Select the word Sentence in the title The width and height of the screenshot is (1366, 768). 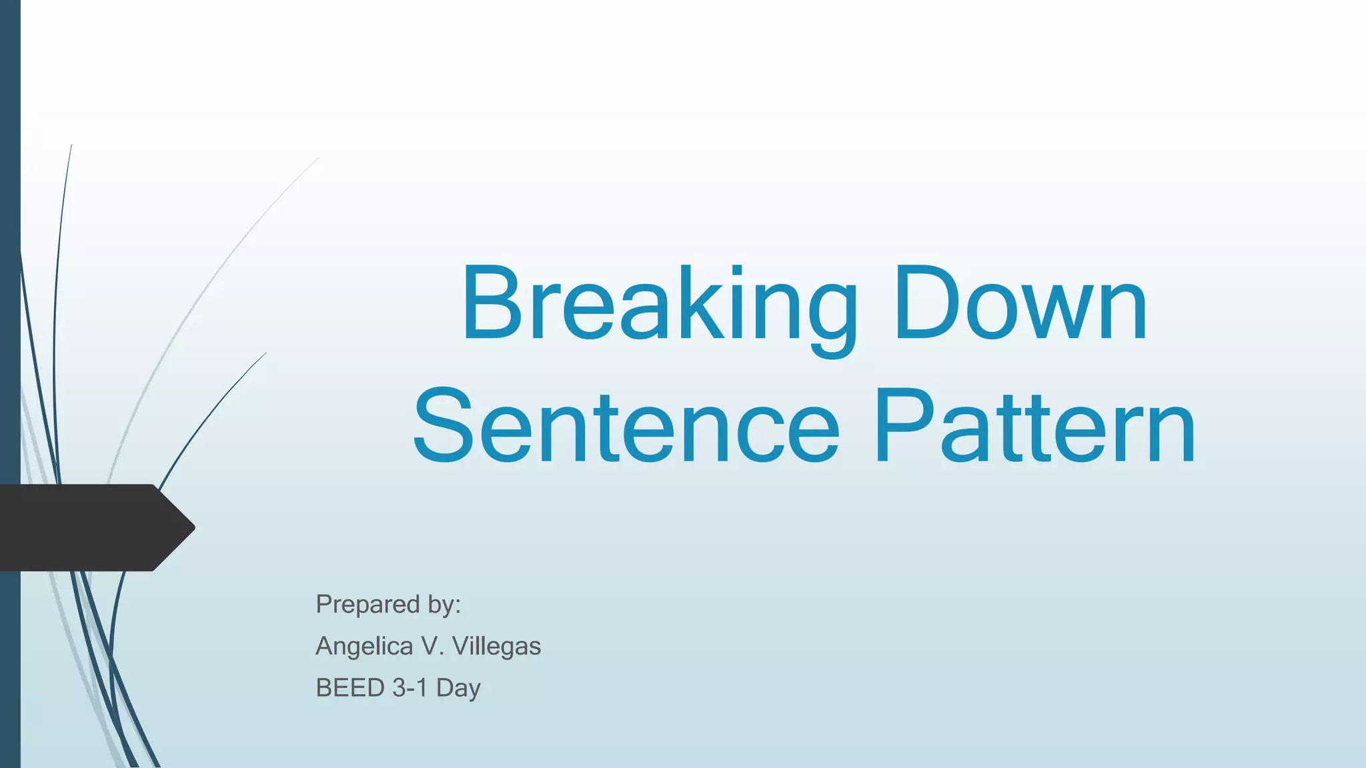626,427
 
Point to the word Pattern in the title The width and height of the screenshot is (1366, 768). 1035,427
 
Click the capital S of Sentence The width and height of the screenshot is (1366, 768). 443,427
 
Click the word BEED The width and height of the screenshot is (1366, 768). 350,688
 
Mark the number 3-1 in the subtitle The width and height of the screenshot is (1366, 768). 410,688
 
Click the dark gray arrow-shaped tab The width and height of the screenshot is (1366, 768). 87,527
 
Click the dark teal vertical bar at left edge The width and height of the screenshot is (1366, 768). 10,267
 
